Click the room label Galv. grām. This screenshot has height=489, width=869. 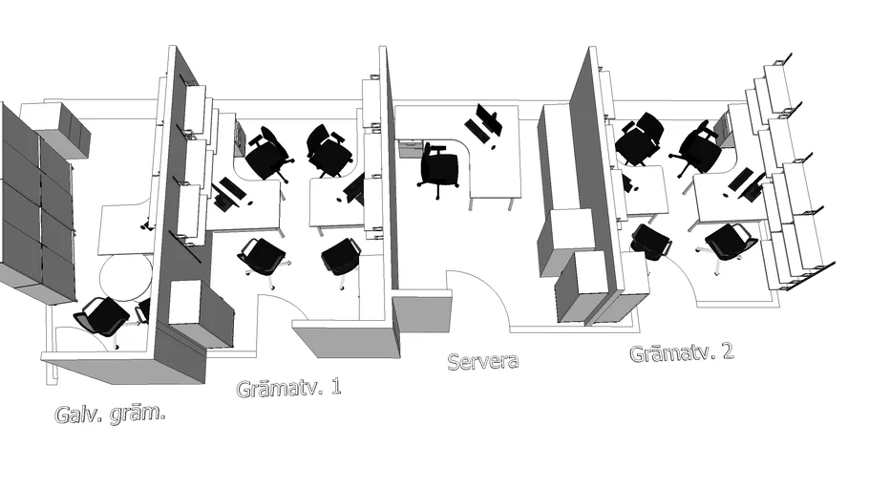105,415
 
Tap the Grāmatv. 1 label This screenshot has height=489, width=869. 288,388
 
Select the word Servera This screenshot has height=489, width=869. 483,361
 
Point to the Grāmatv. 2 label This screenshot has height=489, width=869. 682,352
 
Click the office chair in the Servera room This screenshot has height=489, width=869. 440,168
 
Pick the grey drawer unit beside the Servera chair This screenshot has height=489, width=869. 410,150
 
